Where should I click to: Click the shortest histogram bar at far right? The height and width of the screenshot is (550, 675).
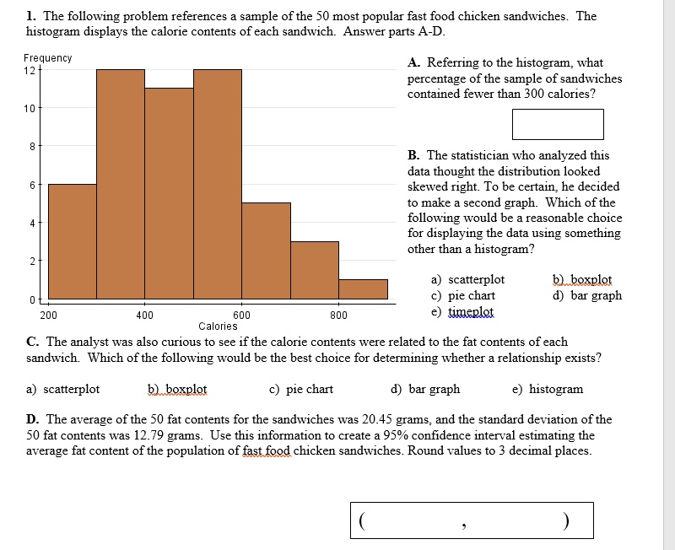click(363, 289)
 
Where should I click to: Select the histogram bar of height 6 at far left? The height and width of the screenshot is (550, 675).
click(72, 241)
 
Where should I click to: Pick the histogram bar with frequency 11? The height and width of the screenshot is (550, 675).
click(169, 193)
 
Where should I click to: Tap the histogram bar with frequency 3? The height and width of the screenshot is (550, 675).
click(315, 270)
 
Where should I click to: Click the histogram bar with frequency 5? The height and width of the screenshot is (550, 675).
click(266, 251)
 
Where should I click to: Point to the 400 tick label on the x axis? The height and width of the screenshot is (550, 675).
click(144, 315)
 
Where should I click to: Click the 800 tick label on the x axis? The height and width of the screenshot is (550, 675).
click(338, 315)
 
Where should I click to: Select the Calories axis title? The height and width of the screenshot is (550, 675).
click(218, 326)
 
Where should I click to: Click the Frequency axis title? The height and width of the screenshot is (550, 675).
click(47, 57)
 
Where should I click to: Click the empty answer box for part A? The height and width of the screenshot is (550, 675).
click(557, 124)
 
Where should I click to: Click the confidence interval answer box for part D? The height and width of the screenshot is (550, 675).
click(472, 520)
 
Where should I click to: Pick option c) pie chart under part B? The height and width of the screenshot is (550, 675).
click(463, 296)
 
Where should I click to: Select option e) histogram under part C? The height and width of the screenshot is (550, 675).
click(548, 389)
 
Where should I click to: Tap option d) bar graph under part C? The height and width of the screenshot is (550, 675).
click(425, 389)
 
